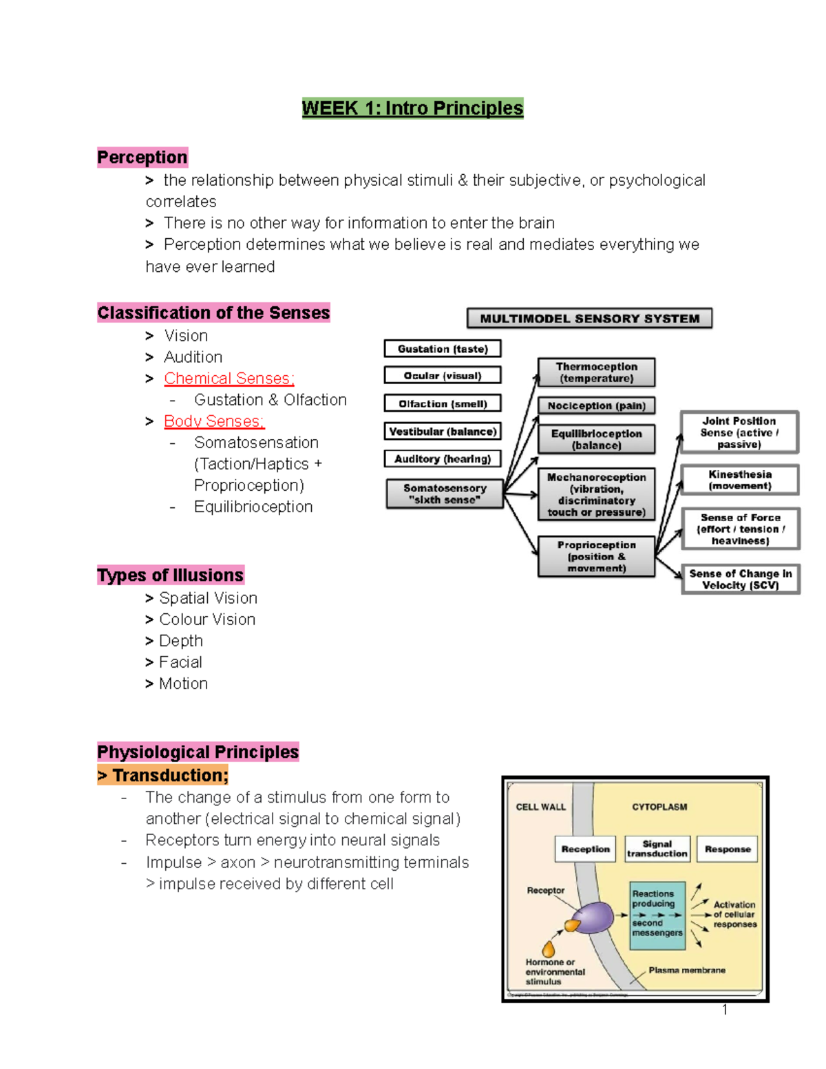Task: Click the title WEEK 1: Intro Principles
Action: (x=412, y=108)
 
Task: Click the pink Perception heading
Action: (x=142, y=158)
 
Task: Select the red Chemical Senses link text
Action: (x=229, y=379)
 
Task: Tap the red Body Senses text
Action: (x=213, y=421)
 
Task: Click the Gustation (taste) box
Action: (x=443, y=349)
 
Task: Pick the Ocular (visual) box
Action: (x=443, y=376)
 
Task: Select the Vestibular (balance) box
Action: (x=443, y=432)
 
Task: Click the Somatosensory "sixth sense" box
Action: (x=445, y=494)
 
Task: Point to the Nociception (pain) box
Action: (x=596, y=405)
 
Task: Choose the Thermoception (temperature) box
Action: (x=596, y=372)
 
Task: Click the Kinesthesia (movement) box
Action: (x=740, y=480)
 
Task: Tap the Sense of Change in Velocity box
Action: (x=741, y=579)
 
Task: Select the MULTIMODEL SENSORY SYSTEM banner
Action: (x=589, y=318)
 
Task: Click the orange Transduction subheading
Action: (x=163, y=776)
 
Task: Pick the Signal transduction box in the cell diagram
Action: (x=657, y=849)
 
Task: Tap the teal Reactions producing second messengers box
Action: (x=657, y=915)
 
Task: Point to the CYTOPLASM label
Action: (x=659, y=807)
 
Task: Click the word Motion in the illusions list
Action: (x=183, y=684)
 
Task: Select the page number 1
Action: (x=725, y=1010)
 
